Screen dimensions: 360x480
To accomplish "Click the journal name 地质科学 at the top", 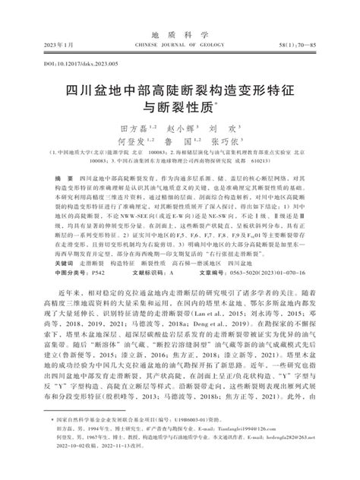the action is (180, 13).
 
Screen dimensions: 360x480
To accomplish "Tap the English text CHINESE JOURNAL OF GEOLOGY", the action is (179, 24).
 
